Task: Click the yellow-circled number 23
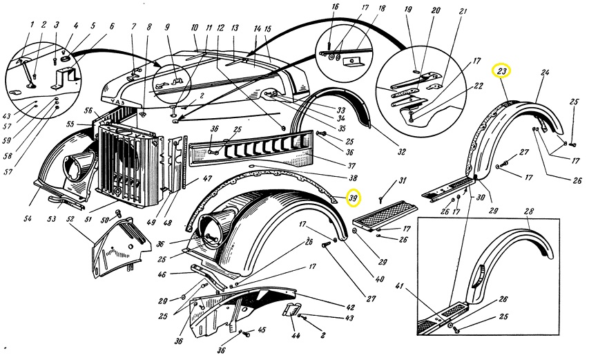point(501,71)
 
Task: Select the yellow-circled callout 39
point(354,198)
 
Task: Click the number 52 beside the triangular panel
point(70,218)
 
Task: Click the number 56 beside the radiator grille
point(88,111)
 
